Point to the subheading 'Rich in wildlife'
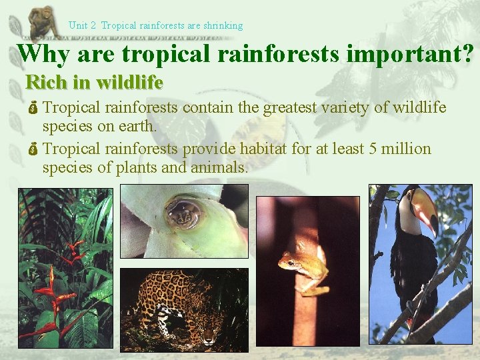pyautogui.click(x=94, y=83)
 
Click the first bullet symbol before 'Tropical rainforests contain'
pyautogui.click(x=33, y=107)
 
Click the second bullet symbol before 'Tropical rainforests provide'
pyautogui.click(x=33, y=149)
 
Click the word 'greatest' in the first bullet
pyautogui.click(x=289, y=108)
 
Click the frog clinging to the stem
pyautogui.click(x=304, y=267)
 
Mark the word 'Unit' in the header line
pyautogui.click(x=79, y=26)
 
